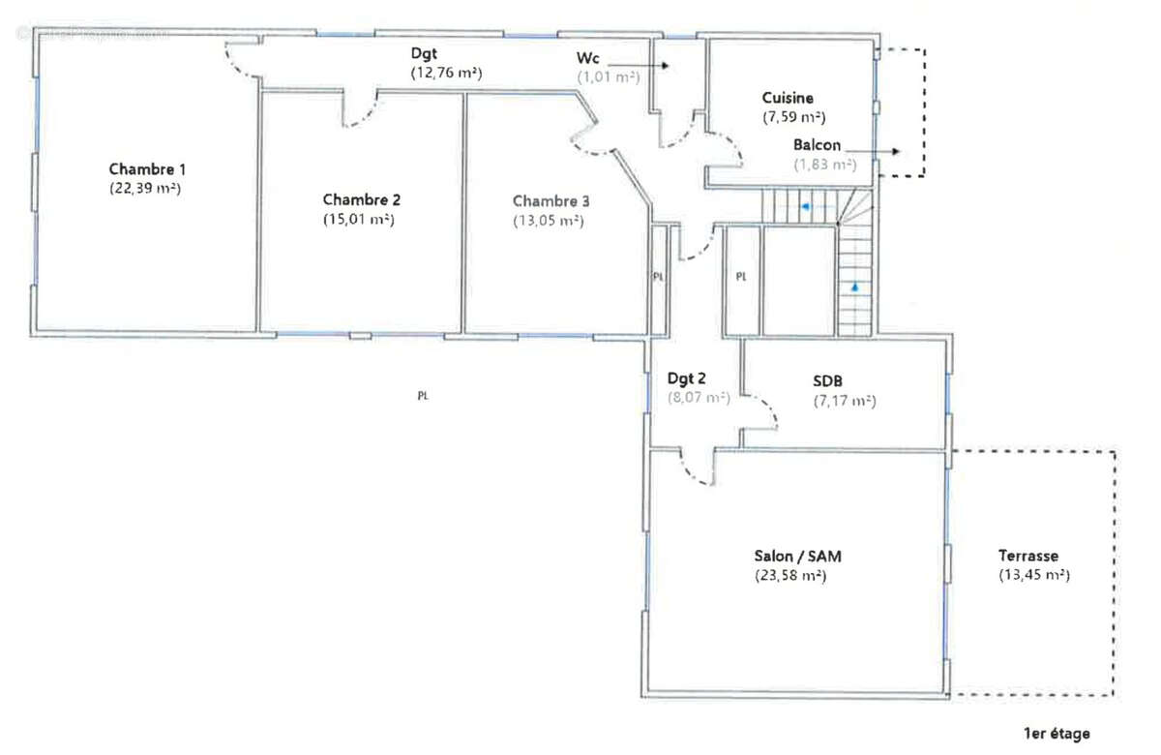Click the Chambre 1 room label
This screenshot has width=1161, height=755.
(x=147, y=167)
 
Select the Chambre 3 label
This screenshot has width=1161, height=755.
(x=551, y=201)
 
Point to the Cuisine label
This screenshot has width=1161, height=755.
(x=788, y=98)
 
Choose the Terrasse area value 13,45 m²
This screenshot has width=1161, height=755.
(x=1033, y=575)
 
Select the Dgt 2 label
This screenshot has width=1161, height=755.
(x=689, y=379)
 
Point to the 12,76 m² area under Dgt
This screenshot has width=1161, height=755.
(x=447, y=73)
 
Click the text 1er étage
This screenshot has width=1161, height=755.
(x=1057, y=734)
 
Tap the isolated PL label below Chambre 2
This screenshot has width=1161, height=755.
(x=423, y=395)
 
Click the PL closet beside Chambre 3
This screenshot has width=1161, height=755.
(x=659, y=277)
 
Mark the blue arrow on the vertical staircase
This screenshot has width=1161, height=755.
(x=855, y=287)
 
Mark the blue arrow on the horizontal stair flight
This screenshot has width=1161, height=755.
(x=804, y=206)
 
